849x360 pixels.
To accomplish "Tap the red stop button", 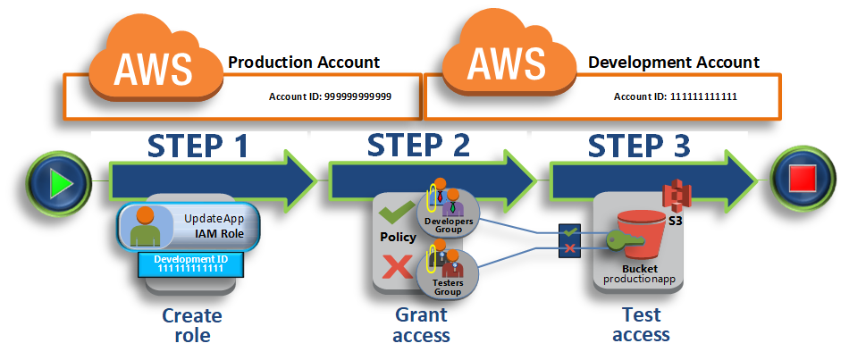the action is pyautogui.click(x=802, y=180).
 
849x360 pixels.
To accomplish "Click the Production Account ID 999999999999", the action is pyautogui.click(x=331, y=96).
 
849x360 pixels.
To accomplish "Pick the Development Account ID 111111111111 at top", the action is pyautogui.click(x=676, y=96).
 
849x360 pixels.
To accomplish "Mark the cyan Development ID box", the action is pyautogui.click(x=190, y=264).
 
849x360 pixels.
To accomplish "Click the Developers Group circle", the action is pyautogui.click(x=448, y=214).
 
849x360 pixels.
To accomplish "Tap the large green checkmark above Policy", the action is pyautogui.click(x=398, y=213).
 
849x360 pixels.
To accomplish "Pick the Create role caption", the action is pyautogui.click(x=191, y=325).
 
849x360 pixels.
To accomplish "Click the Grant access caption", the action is pyautogui.click(x=421, y=324).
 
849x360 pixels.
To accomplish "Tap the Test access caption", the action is pyautogui.click(x=641, y=324).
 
